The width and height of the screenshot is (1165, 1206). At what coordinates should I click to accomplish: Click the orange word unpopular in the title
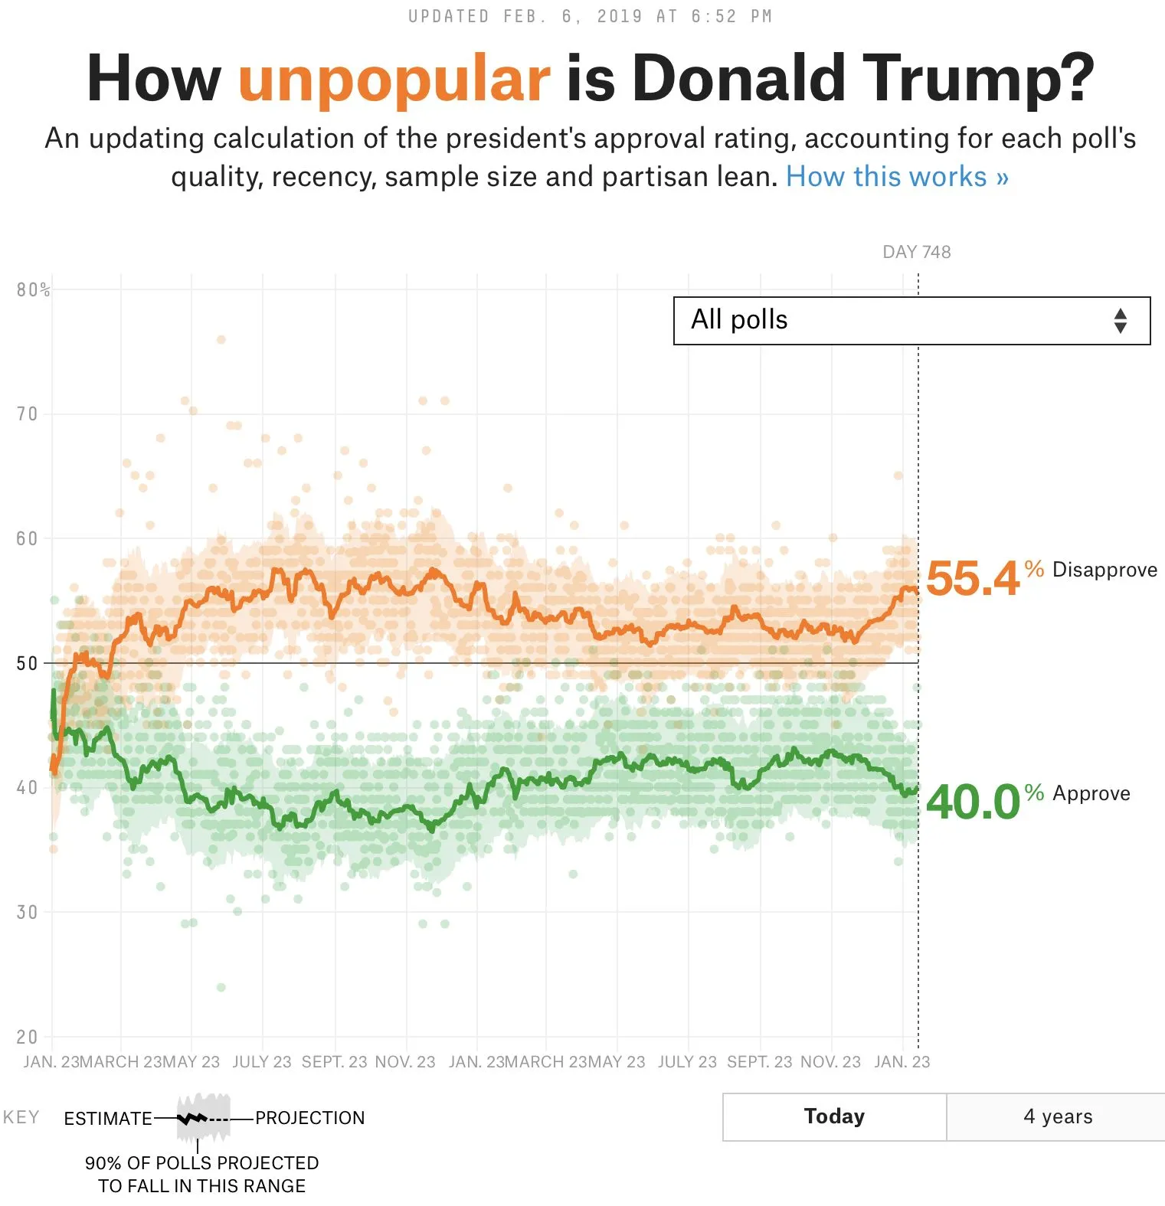394,79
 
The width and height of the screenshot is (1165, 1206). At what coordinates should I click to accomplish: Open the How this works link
897,177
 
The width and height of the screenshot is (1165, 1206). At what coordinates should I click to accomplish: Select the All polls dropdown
911,321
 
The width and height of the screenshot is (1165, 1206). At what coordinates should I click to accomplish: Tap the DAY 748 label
916,252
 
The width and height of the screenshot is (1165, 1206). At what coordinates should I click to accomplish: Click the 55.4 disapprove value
972,578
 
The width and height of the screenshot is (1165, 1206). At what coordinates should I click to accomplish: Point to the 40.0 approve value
972,802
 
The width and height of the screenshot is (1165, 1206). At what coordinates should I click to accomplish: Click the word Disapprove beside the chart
1104,570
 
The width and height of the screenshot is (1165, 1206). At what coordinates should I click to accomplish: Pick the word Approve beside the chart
1091,793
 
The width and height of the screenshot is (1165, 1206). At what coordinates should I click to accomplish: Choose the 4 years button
1057,1116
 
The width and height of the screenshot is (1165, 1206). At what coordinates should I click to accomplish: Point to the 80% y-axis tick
33,289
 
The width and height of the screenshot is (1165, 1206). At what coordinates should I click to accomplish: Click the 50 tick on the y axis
27,663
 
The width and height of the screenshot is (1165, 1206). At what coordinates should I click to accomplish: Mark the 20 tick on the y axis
27,1037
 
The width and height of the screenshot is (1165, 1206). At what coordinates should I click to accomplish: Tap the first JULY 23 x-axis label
262,1062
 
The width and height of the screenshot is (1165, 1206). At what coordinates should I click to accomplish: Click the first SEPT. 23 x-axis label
334,1062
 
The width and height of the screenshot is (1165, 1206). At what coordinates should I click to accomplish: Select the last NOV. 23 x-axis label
830,1062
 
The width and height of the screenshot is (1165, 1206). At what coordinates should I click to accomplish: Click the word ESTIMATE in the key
108,1119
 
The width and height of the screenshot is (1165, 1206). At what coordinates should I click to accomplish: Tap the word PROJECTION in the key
309,1118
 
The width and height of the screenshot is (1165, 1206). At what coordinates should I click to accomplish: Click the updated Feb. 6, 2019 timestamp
590,16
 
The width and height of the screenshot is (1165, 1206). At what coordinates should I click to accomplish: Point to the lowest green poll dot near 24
221,987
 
